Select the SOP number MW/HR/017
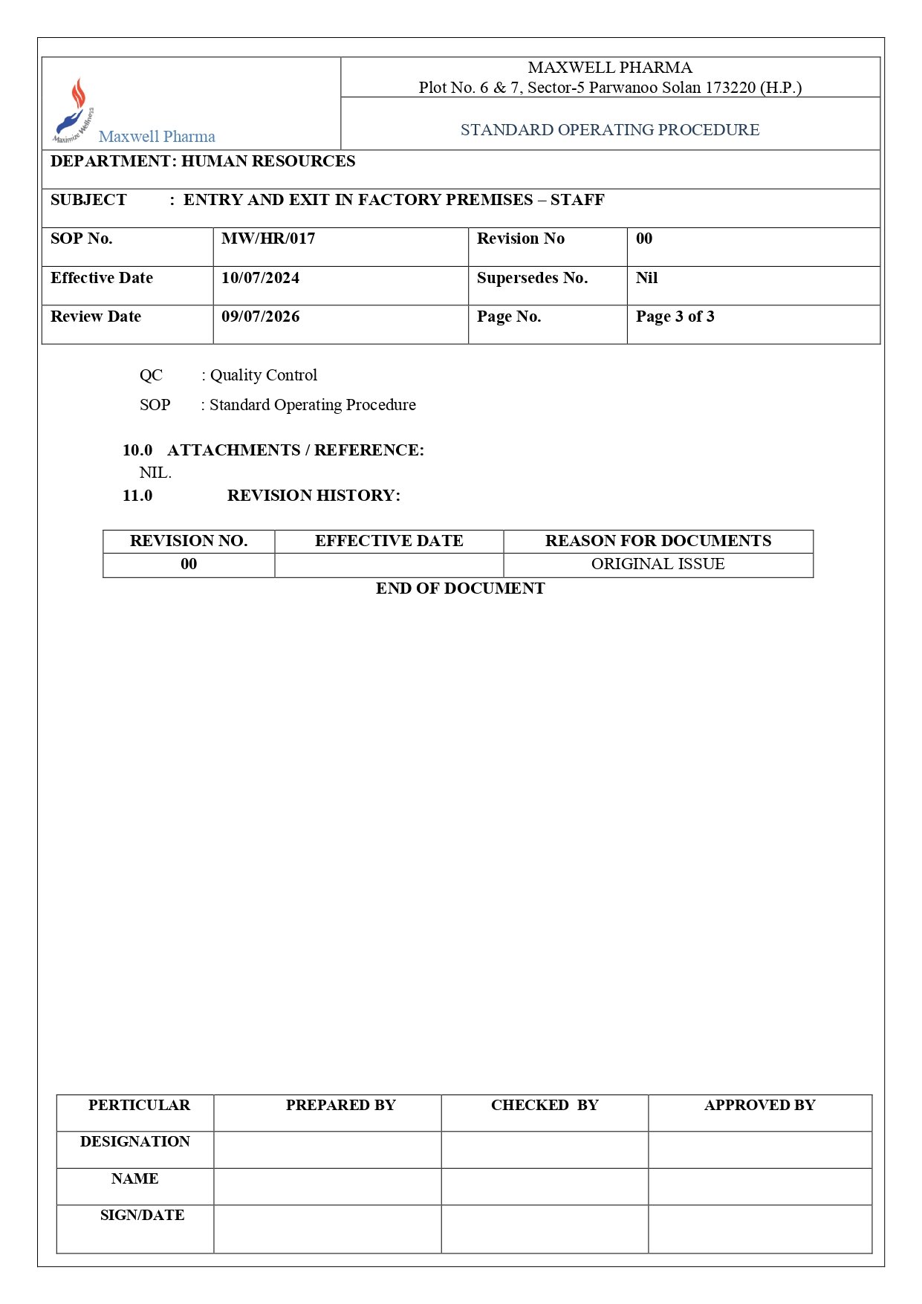[268, 239]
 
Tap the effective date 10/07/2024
[260, 278]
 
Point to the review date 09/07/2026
[260, 317]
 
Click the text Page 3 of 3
[675, 317]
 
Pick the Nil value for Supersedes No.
[646, 278]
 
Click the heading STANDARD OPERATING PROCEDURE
[609, 130]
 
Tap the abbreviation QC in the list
[151, 375]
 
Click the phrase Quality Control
[263, 375]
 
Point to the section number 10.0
[137, 450]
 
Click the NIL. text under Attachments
[155, 473]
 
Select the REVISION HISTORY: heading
[314, 496]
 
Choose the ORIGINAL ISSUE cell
[658, 564]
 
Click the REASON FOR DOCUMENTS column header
[658, 541]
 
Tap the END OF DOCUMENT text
[460, 588]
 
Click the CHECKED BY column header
[545, 1105]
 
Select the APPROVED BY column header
[759, 1105]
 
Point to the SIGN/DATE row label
[142, 1215]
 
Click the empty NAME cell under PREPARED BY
[328, 1186]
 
